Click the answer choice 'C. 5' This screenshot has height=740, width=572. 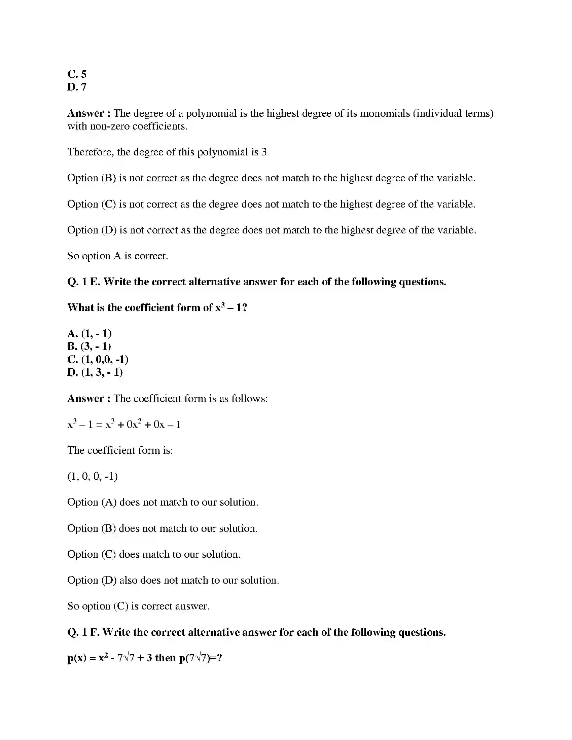(x=77, y=74)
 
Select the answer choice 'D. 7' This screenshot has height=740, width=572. (x=77, y=87)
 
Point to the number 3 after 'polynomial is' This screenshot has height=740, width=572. (x=264, y=152)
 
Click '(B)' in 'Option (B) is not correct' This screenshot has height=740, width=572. (x=109, y=178)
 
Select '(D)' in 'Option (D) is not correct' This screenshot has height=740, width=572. (x=109, y=230)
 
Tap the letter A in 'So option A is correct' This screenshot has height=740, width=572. (x=117, y=256)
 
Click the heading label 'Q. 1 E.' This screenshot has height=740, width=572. (x=84, y=282)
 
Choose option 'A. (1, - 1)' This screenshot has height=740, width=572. (x=90, y=333)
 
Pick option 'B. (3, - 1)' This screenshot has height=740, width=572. (x=89, y=346)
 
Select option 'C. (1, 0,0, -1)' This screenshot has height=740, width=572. (x=98, y=359)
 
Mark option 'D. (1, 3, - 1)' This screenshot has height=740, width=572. (x=95, y=372)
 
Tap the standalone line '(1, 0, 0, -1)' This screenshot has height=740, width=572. (x=93, y=476)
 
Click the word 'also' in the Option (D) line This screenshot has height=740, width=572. (x=129, y=580)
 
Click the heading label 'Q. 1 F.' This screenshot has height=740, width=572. (x=83, y=632)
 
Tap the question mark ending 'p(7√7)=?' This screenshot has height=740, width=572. (x=219, y=658)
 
